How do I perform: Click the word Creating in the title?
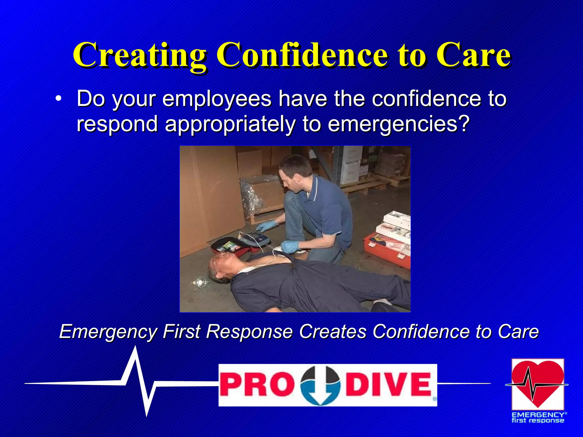(139, 55)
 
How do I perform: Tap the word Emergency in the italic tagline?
(108, 332)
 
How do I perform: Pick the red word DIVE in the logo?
(389, 385)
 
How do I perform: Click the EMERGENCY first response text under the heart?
(537, 418)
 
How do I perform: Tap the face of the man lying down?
(221, 263)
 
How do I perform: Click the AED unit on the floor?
(251, 240)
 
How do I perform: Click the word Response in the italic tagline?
(249, 332)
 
